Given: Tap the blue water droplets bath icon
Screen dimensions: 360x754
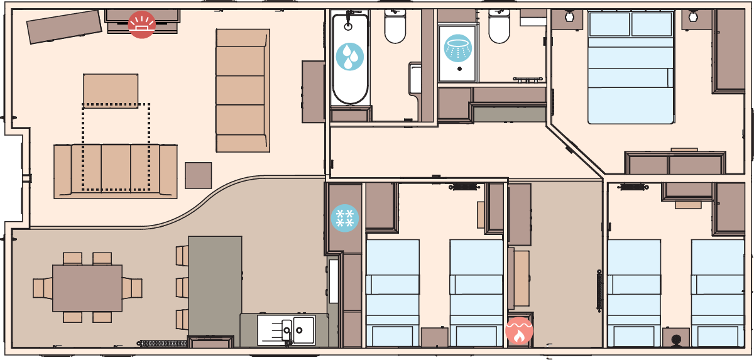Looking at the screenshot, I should [x=349, y=57].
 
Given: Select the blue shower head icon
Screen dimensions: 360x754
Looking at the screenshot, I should [x=457, y=47].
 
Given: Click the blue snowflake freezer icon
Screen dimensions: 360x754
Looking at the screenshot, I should [x=344, y=217].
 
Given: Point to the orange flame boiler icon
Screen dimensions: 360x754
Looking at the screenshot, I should [x=519, y=330].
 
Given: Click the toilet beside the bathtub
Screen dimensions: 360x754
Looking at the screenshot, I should [x=395, y=28].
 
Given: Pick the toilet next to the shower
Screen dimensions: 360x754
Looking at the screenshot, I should [x=499, y=28].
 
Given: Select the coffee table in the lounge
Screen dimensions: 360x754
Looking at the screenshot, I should [x=111, y=90].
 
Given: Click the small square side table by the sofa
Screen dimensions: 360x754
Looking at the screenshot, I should [x=199, y=175].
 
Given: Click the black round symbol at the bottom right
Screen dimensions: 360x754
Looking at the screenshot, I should [x=676, y=340].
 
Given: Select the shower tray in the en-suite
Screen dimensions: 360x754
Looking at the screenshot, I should [x=457, y=53].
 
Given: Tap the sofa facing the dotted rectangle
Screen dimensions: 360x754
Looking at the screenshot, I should [x=116, y=171].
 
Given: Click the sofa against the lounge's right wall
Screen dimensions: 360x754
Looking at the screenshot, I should [x=243, y=90].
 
